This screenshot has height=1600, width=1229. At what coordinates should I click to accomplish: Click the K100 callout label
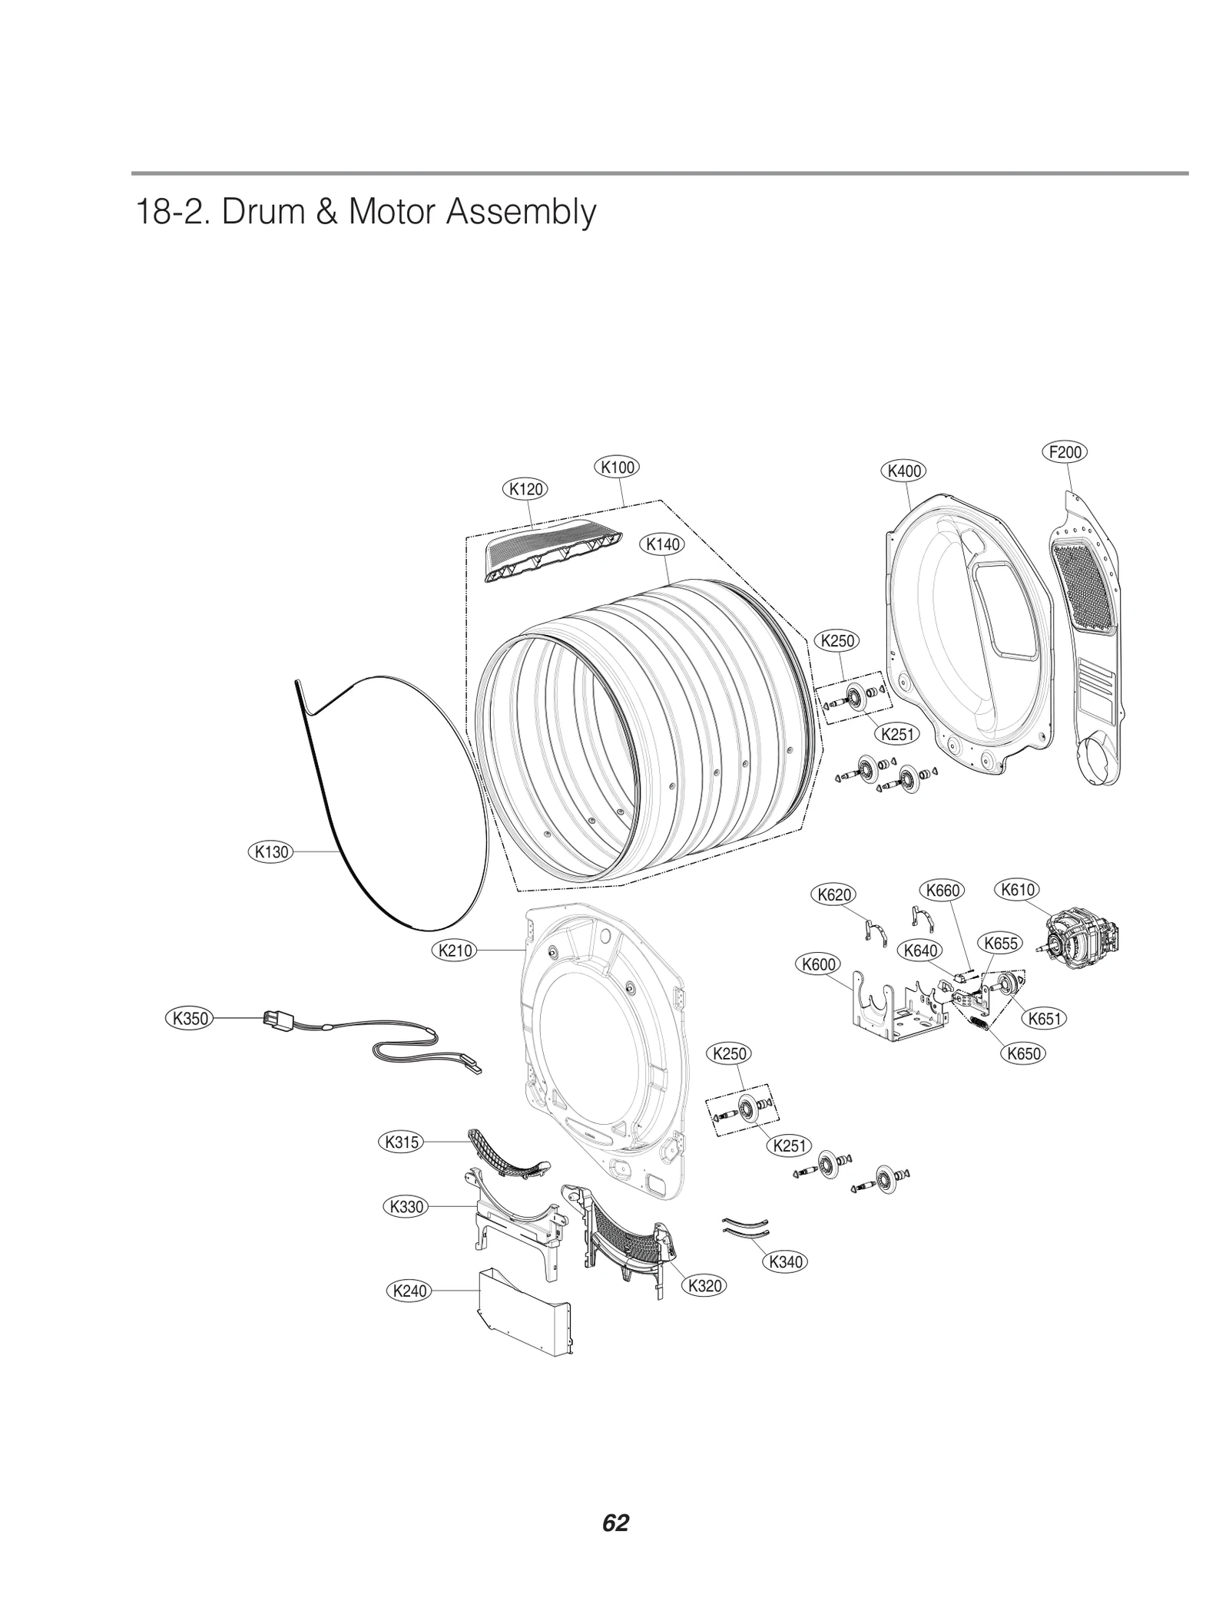click(617, 467)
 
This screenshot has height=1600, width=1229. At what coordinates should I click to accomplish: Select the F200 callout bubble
click(1065, 452)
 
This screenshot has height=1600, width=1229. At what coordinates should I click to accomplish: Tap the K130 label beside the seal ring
click(272, 851)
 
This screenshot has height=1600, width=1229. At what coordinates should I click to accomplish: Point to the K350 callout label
click(189, 1019)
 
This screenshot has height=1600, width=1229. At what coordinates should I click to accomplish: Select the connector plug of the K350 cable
click(274, 1020)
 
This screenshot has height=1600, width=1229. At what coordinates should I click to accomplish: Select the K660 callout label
click(942, 890)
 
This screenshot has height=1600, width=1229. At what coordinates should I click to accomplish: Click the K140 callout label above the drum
click(662, 544)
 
